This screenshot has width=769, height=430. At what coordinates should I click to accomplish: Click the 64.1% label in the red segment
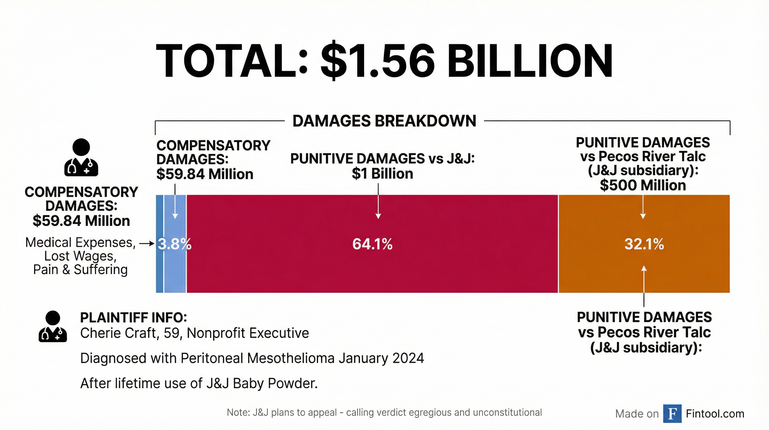coord(372,244)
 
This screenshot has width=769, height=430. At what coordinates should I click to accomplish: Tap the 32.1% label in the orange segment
coord(644,244)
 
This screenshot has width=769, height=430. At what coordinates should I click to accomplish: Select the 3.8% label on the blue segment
coord(174,244)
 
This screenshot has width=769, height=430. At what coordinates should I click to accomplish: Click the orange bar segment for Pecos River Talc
coord(644,215)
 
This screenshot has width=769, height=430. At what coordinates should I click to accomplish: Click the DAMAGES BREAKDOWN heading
coord(384,121)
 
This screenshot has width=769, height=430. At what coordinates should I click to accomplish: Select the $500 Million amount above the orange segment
coord(643,185)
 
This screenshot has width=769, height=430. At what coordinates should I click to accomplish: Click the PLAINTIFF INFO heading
coord(134,317)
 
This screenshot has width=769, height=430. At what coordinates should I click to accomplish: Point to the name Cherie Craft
coord(119,333)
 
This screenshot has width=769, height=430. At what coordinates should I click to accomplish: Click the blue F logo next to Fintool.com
coord(672,413)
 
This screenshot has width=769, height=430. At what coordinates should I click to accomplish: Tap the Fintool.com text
coord(715,414)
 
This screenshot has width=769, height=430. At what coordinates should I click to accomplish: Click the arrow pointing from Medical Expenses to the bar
coord(147,244)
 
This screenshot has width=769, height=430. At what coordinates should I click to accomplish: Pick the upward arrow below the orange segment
coord(644,284)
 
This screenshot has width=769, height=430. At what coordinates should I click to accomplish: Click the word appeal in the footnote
coord(322,412)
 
